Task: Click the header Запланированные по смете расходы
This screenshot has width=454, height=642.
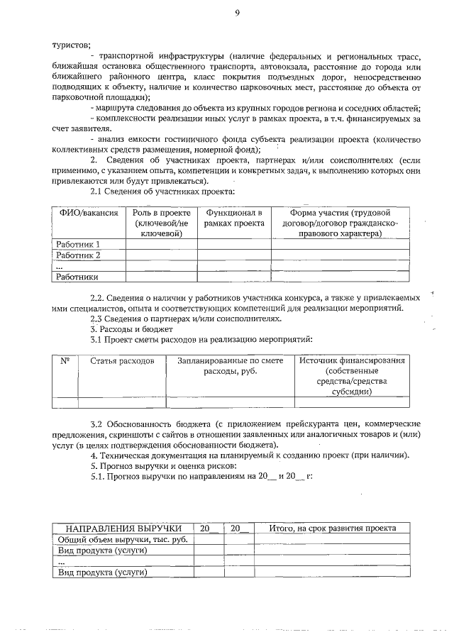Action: (229, 366)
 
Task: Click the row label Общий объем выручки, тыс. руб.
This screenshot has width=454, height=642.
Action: (122, 539)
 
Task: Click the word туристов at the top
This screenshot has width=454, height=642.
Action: (67, 44)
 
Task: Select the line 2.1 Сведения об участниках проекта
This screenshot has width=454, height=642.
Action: (162, 192)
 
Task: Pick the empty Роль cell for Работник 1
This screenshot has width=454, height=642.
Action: (160, 245)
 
